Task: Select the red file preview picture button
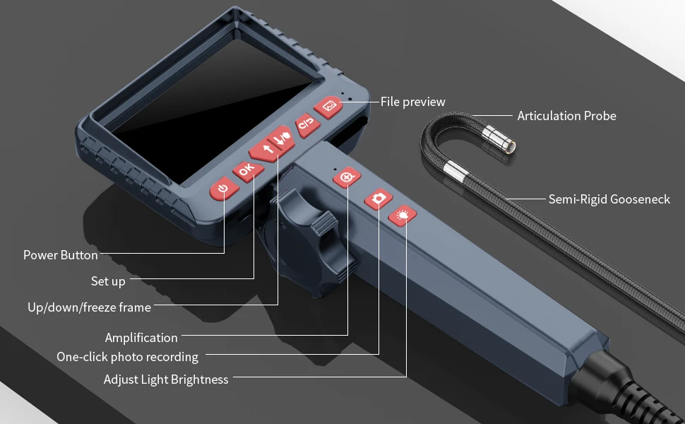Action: click(x=328, y=107)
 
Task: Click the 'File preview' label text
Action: click(x=413, y=102)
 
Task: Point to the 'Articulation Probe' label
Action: click(x=566, y=116)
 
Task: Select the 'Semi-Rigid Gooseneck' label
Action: click(x=609, y=199)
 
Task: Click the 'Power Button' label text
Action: click(x=61, y=255)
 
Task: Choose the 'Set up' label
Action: click(x=108, y=281)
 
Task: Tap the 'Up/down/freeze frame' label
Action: click(x=89, y=307)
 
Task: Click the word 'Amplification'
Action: click(x=141, y=338)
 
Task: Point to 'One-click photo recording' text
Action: click(x=127, y=357)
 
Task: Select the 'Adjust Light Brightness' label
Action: click(x=166, y=379)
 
